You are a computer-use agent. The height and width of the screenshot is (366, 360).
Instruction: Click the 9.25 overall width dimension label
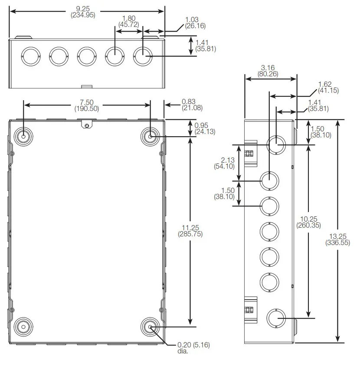click(x=82, y=11)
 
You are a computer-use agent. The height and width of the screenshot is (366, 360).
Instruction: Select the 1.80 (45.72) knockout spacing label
click(x=129, y=21)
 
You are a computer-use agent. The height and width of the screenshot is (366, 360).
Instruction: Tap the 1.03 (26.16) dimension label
click(x=195, y=23)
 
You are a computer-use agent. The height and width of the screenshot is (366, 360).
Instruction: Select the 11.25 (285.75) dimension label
click(x=190, y=230)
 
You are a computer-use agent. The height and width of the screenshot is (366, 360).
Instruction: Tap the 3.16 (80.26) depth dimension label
click(x=271, y=71)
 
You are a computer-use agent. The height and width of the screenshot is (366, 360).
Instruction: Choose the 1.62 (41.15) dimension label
click(x=328, y=87)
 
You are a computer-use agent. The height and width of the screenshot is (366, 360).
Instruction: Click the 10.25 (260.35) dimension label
click(x=308, y=222)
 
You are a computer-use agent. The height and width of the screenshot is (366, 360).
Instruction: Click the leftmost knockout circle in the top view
click(x=30, y=56)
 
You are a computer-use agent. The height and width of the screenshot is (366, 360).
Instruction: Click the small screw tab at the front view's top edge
click(x=87, y=125)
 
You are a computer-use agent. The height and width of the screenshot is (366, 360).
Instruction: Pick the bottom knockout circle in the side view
click(x=275, y=318)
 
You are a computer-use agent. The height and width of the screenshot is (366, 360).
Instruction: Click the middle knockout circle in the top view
click(x=86, y=56)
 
